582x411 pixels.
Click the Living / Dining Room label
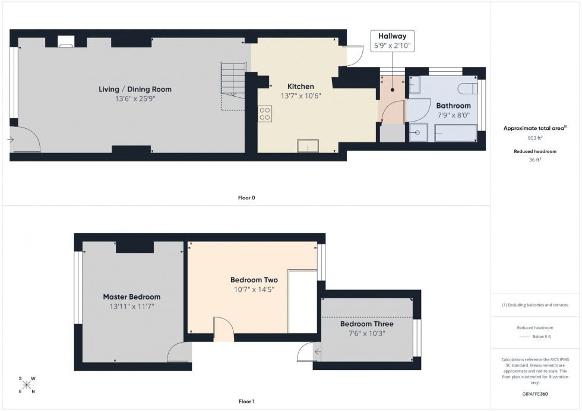[x=135, y=90]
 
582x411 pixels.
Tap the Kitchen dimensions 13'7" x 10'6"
[x=301, y=96]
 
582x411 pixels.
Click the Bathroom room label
[x=453, y=106]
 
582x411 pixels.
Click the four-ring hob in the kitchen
[x=265, y=113]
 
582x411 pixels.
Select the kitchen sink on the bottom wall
[x=308, y=146]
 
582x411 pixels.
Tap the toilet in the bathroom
[x=467, y=88]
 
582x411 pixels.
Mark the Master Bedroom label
[x=131, y=297]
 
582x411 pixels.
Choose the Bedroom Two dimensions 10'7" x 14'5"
[x=254, y=289]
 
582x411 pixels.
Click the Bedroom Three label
[x=366, y=324]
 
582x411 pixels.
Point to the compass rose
[x=27, y=384]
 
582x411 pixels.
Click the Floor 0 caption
[x=246, y=197]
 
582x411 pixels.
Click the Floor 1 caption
[x=246, y=402]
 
